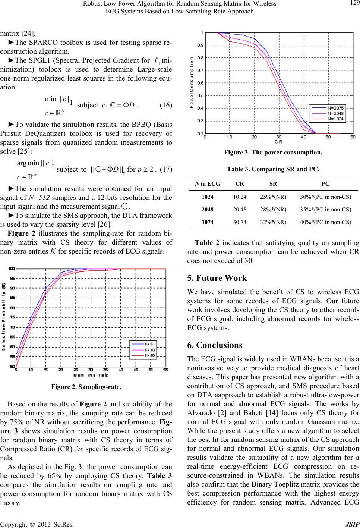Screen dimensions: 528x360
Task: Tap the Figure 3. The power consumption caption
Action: click(273, 152)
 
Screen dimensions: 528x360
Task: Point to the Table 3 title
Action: click(273, 169)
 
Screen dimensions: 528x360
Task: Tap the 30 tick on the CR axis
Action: click(279, 137)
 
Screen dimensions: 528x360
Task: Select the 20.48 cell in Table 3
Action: click(239, 210)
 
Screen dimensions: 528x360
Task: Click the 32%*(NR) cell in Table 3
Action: click(273, 222)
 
